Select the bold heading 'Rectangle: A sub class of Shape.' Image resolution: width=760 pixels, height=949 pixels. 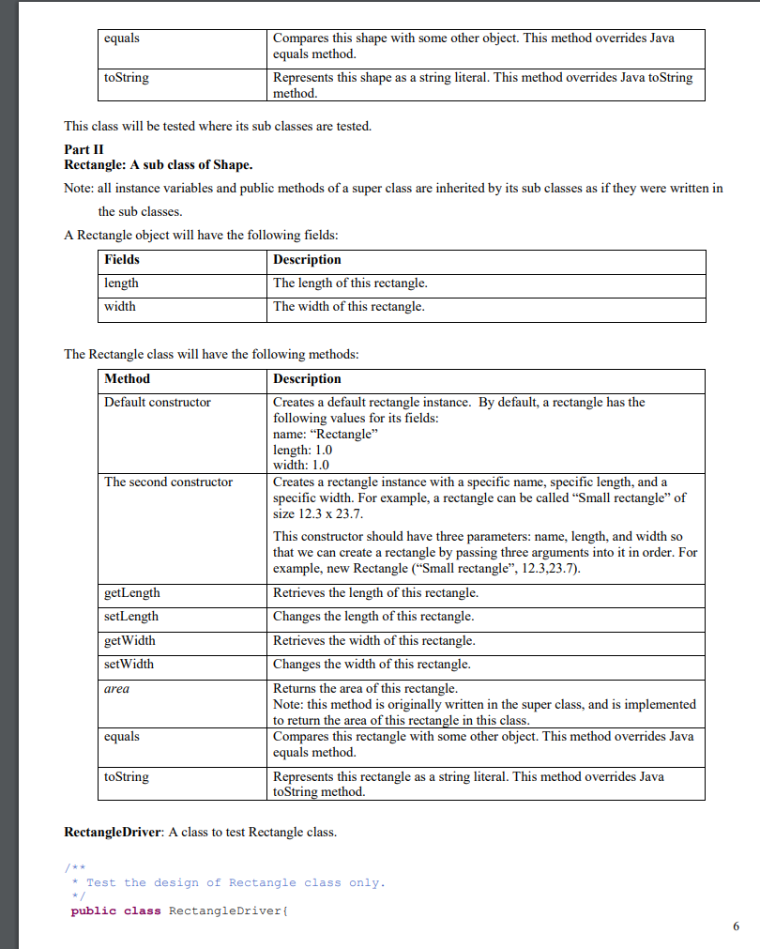(158, 165)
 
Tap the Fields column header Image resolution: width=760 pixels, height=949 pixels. (122, 260)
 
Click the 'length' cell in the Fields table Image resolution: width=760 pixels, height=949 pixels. (121, 283)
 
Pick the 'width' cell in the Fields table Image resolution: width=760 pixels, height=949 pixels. (120, 306)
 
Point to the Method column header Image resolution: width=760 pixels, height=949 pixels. (127, 379)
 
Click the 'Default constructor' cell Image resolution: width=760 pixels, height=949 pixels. (158, 403)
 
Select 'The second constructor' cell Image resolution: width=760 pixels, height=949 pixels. (169, 482)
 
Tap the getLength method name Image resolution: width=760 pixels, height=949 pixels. (132, 593)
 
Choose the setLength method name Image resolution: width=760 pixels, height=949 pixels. (131, 617)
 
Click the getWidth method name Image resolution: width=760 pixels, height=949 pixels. (130, 640)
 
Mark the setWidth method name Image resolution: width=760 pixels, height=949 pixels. (129, 664)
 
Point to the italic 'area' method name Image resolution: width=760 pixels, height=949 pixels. (117, 688)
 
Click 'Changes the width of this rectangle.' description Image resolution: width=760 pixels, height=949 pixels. (372, 664)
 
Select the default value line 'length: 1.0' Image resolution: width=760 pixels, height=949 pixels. (302, 450)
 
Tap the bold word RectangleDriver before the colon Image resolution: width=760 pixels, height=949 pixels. (113, 833)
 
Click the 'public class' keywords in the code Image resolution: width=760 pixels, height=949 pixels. (115, 911)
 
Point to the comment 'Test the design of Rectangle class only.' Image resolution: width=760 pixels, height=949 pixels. (236, 882)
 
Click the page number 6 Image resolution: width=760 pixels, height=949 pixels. (736, 926)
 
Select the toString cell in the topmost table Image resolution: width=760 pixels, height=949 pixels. (127, 78)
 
